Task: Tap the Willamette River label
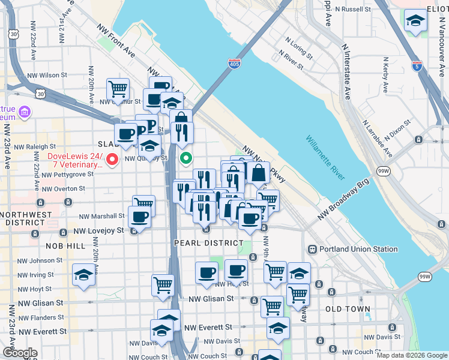[x=325, y=158]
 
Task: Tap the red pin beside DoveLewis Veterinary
[x=112, y=159]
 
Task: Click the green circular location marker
[x=186, y=158]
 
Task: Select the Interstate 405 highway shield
[x=234, y=62]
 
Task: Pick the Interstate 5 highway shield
[x=417, y=65]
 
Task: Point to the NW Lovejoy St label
[x=98, y=230]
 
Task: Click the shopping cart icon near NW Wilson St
[x=118, y=89]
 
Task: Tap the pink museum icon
[x=25, y=112]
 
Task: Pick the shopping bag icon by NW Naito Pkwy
[x=258, y=173]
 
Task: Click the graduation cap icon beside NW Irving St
[x=83, y=275]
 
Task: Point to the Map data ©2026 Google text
[x=412, y=355]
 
